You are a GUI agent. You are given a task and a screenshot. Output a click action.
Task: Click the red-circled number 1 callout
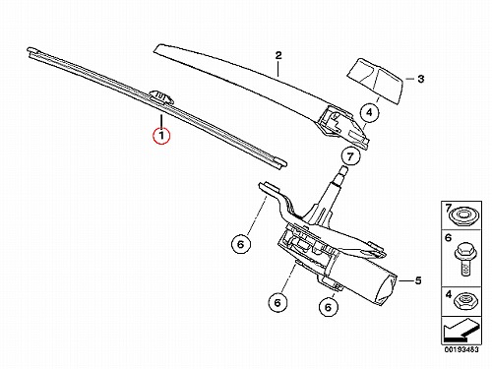click(x=161, y=135)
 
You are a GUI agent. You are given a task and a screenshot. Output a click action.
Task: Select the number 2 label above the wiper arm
click(x=278, y=55)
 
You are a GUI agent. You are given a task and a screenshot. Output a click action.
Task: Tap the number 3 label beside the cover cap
click(x=420, y=79)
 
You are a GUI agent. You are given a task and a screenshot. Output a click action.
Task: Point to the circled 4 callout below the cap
click(x=369, y=112)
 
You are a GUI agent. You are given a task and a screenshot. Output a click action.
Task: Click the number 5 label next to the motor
click(x=418, y=280)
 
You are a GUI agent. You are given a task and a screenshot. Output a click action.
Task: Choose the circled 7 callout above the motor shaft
click(x=350, y=156)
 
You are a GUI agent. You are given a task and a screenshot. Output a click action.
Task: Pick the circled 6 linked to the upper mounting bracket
click(x=241, y=244)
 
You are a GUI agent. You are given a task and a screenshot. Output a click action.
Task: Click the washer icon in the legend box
click(x=462, y=216)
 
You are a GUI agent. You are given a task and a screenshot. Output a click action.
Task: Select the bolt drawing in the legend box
click(x=463, y=259)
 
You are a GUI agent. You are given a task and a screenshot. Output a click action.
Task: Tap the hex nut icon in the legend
click(x=462, y=300)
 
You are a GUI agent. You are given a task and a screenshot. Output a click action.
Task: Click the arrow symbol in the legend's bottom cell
click(x=461, y=330)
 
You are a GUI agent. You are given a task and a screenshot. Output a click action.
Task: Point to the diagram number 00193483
click(x=461, y=349)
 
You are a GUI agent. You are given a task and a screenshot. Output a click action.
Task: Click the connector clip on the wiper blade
click(x=161, y=95)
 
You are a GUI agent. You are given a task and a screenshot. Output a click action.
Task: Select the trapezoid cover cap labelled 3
click(x=375, y=81)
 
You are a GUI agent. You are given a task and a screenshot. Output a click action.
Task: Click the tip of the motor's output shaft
click(x=342, y=169)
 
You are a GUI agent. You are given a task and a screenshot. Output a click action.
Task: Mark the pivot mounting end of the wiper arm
click(x=341, y=127)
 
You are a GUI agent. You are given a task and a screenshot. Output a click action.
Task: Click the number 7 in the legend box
click(x=448, y=208)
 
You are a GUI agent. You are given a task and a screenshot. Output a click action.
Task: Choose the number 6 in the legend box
click(x=448, y=237)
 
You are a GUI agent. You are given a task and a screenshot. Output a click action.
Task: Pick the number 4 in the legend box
click(x=449, y=295)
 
